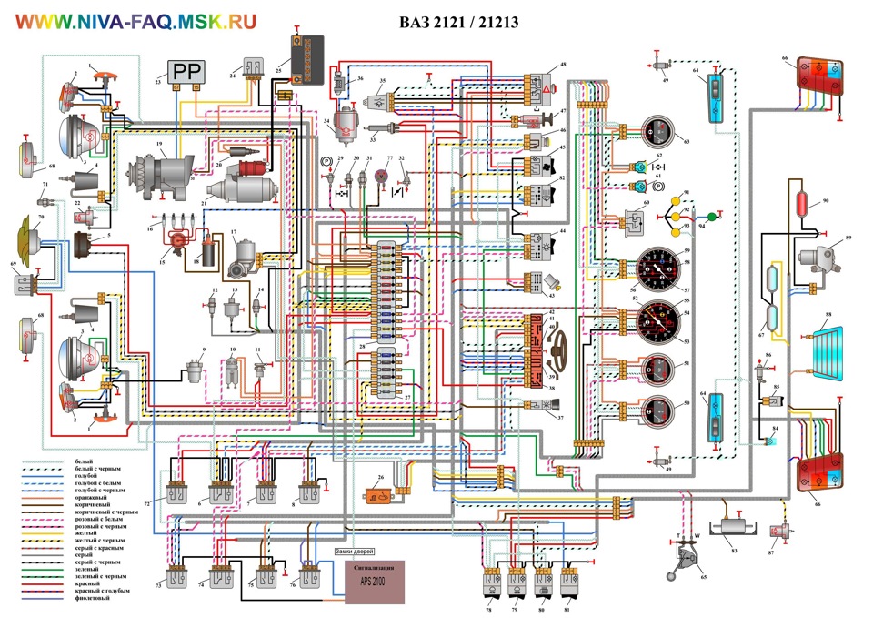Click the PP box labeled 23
pos(186,73)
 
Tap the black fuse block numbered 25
pos(307,58)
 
